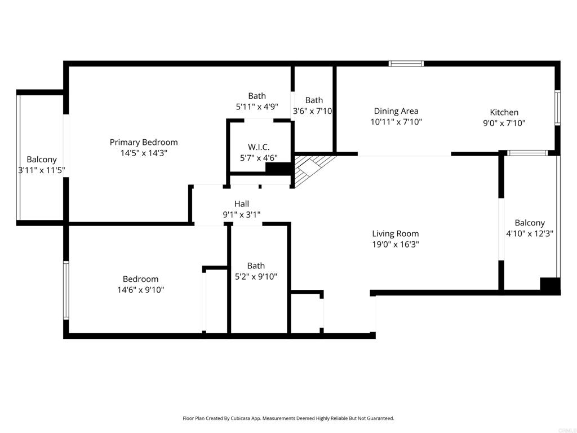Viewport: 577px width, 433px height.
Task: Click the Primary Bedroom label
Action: coord(144,142)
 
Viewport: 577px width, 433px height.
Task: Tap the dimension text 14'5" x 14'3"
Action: coord(144,153)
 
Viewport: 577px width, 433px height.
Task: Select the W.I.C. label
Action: coord(259,147)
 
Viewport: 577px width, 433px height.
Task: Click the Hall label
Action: coord(242,204)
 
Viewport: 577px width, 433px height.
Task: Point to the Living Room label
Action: coord(395,233)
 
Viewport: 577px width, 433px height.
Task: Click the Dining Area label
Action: coord(396,111)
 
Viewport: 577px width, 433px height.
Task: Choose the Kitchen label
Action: coord(504,112)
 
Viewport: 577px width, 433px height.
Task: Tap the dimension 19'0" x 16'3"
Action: coord(395,244)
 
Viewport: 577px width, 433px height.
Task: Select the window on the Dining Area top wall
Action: coord(406,64)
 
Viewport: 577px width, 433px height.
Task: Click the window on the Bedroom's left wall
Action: coord(66,290)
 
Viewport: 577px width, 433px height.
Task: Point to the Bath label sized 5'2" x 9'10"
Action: coord(256,266)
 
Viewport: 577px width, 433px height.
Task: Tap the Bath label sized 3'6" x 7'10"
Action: coord(314,100)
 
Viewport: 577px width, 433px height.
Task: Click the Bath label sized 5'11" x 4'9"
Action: coord(257,96)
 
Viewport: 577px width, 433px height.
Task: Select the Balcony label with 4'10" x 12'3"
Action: coord(530,223)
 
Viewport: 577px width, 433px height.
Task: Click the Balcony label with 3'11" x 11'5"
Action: coord(42,160)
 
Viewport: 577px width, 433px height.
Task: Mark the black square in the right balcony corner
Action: coord(549,285)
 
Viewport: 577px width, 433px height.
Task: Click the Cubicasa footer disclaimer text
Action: coord(288,418)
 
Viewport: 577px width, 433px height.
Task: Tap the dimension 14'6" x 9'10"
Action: coord(140,290)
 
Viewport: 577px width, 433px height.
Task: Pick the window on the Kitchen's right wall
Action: coord(557,108)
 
